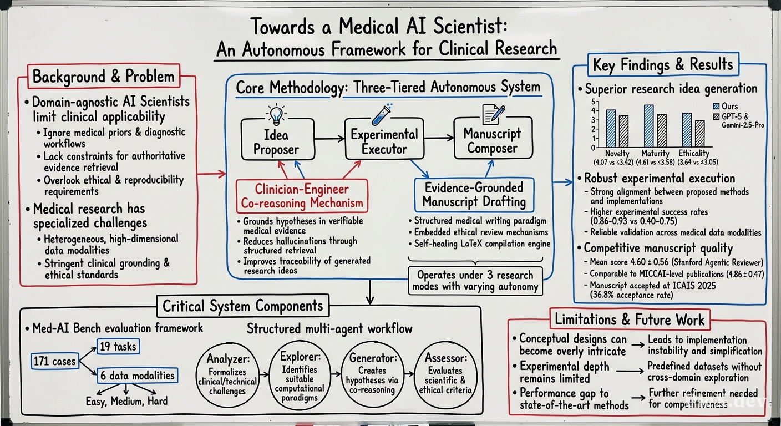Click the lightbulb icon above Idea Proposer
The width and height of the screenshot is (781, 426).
tap(276, 114)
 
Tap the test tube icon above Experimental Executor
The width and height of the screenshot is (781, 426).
tap(382, 114)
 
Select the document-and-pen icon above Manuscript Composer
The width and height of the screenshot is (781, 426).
tap(493, 115)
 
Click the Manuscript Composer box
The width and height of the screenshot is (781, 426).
tap(493, 138)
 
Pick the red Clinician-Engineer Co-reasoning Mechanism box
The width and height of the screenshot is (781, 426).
tap(302, 196)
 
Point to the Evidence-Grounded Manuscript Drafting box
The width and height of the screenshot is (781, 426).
tap(474, 195)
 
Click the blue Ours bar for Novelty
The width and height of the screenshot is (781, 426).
tap(611, 128)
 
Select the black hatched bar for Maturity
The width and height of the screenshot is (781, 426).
tap(661, 130)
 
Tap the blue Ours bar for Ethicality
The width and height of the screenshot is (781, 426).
tap(687, 130)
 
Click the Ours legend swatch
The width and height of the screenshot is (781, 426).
tap(716, 106)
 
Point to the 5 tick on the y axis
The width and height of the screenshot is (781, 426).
tap(593, 102)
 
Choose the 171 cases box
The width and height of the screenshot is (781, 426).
tap(55, 361)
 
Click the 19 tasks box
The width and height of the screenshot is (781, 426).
tap(118, 347)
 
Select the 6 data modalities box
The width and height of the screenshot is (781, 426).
tap(138, 376)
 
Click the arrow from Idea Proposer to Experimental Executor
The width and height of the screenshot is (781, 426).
tap(329, 139)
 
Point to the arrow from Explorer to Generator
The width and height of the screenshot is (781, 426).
tap(336, 374)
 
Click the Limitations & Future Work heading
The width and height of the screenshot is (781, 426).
tap(630, 319)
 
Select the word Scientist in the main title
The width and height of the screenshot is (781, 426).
tap(471, 26)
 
